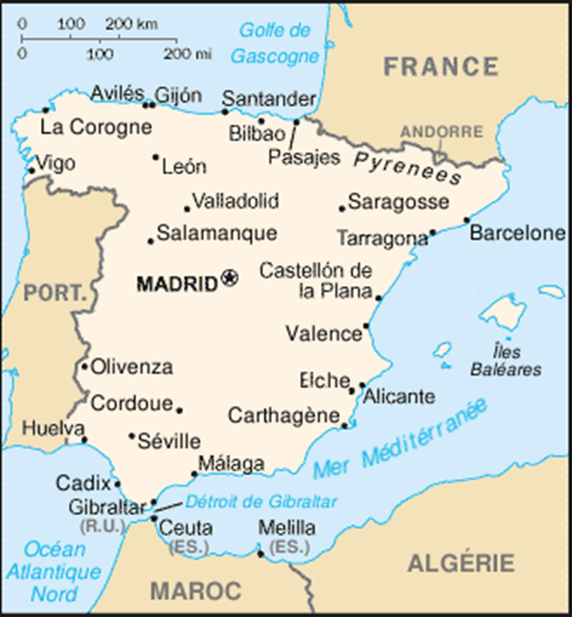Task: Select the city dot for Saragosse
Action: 341,208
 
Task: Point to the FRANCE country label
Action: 440,67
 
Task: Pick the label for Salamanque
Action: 217,233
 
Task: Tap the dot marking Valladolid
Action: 187,209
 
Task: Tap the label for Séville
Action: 169,442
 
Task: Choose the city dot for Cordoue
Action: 179,411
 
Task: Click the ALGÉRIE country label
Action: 461,563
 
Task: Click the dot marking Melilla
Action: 260,552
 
